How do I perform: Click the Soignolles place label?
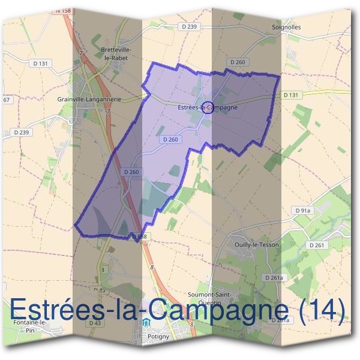(303, 28)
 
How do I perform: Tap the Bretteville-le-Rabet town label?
(116, 53)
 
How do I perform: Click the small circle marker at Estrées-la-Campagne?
(207, 107)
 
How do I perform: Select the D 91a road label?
(303, 211)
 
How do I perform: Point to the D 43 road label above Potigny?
(94, 323)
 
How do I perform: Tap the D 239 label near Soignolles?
(188, 27)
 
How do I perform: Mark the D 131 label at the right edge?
(290, 95)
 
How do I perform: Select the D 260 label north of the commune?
(238, 62)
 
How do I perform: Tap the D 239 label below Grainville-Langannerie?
(20, 132)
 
